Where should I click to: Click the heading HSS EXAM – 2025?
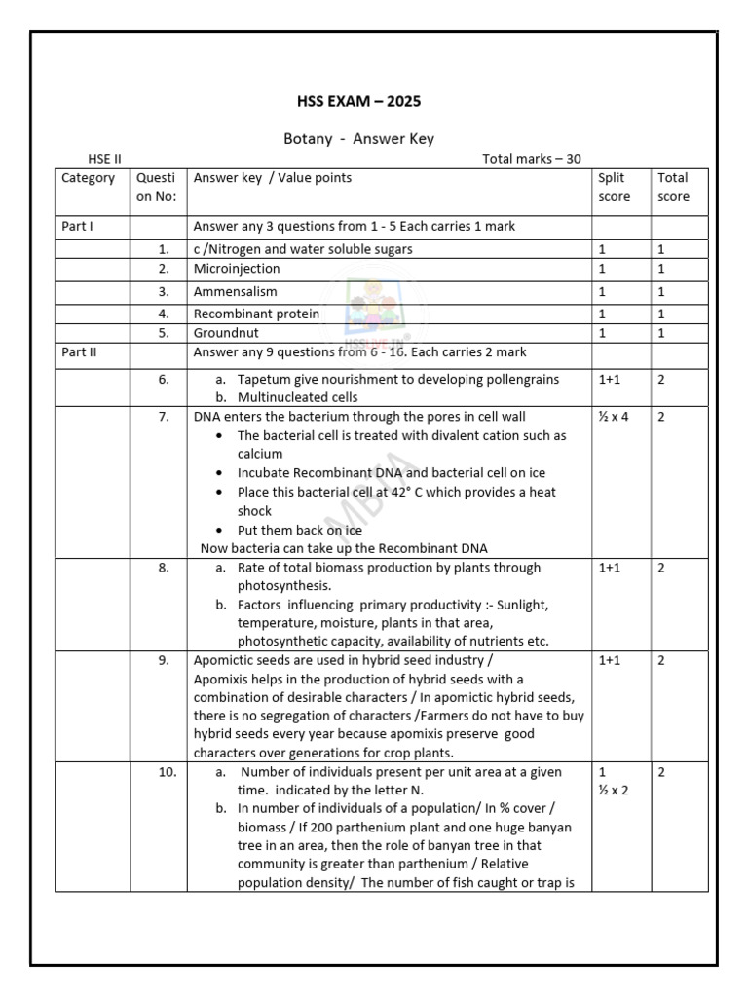(358, 101)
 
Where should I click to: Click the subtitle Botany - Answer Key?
(358, 139)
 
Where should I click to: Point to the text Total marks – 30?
(532, 159)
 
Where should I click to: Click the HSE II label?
(104, 159)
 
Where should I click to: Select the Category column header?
(88, 178)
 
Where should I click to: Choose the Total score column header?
(673, 187)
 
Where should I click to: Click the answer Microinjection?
(237, 269)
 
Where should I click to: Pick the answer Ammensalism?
(235, 291)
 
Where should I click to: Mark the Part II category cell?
(79, 352)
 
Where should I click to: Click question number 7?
(164, 417)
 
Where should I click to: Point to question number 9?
(164, 660)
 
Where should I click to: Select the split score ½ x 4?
(614, 417)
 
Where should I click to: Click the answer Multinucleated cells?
(297, 397)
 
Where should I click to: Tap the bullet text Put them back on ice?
(299, 530)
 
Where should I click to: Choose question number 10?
(167, 772)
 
